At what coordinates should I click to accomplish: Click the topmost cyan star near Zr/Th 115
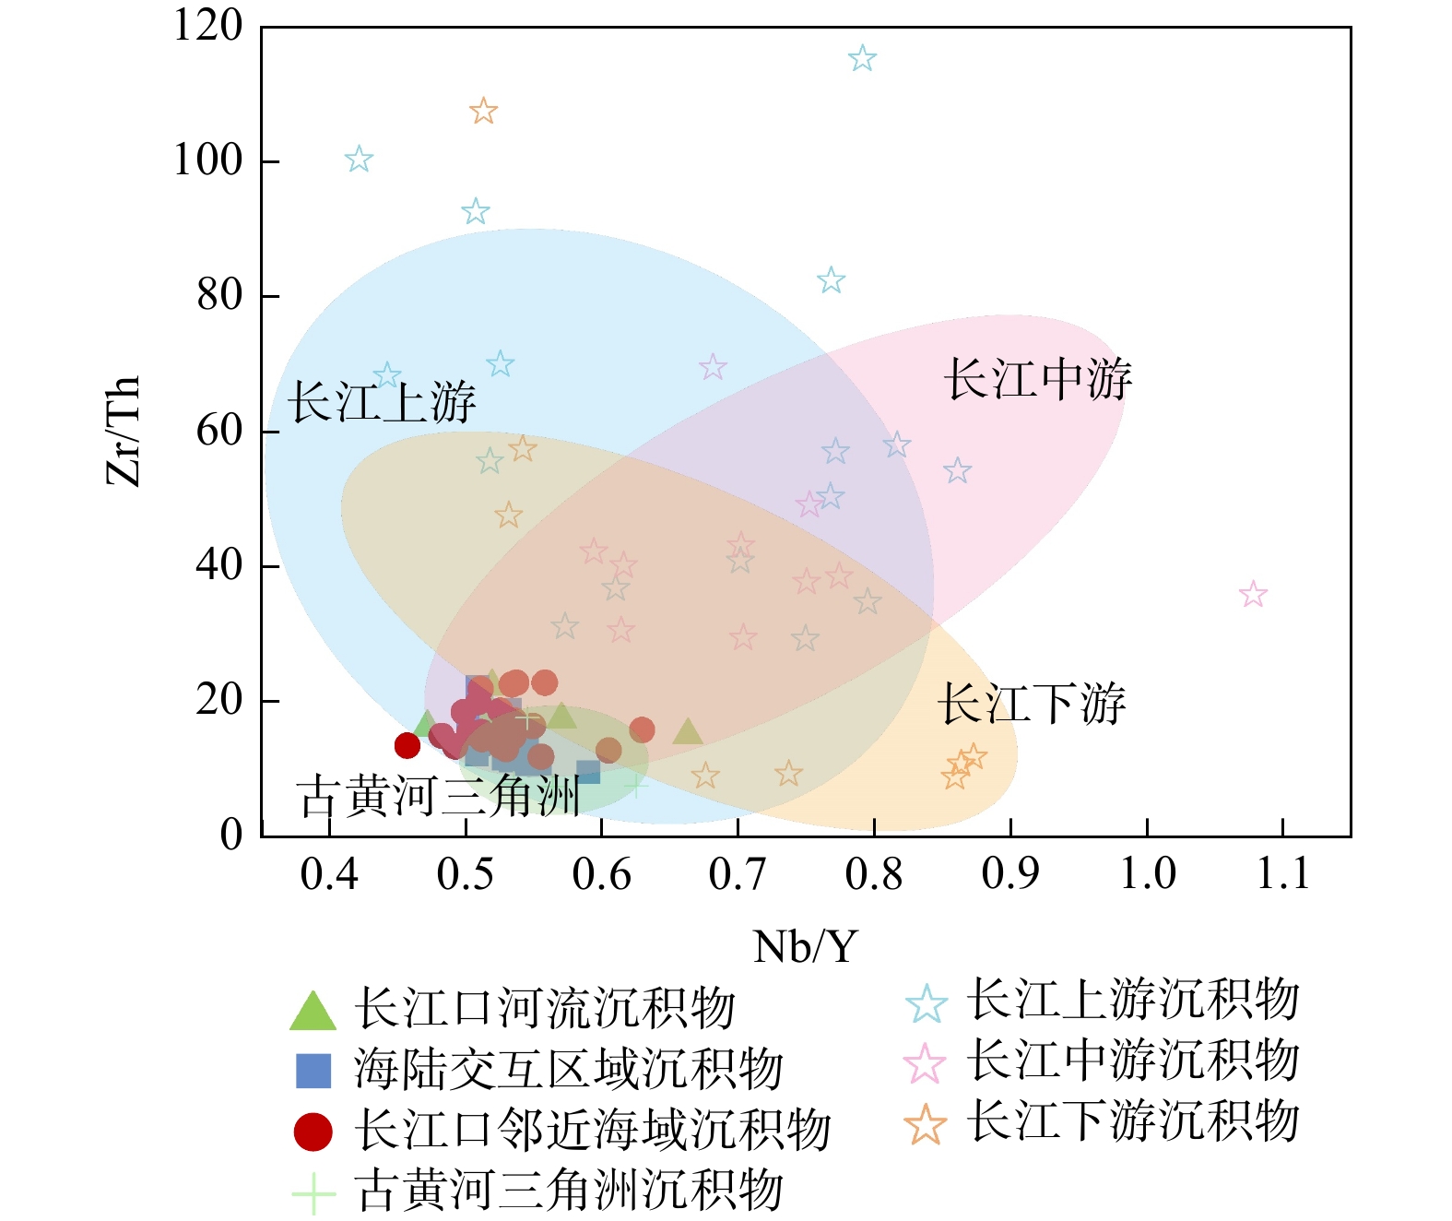(x=862, y=59)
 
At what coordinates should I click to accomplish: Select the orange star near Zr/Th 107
(x=483, y=112)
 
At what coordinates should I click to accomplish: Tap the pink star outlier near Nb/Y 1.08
(x=1253, y=595)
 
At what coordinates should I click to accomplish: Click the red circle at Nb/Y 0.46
(x=407, y=745)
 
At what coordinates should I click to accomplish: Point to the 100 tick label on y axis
(x=208, y=160)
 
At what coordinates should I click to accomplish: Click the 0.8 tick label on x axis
(x=874, y=873)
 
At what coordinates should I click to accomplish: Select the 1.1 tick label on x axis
(x=1283, y=873)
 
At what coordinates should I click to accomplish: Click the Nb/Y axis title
(x=806, y=947)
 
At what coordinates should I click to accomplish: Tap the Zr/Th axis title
(x=124, y=431)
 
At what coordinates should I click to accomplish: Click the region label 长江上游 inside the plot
(x=382, y=403)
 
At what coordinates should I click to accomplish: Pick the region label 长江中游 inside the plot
(x=1038, y=380)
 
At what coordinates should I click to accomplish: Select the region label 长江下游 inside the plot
(x=1033, y=705)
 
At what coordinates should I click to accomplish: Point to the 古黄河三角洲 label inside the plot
(x=439, y=797)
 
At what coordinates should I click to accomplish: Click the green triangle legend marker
(x=313, y=1012)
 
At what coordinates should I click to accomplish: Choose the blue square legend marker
(x=313, y=1071)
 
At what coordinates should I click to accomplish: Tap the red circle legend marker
(x=313, y=1132)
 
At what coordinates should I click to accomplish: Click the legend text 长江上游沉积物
(x=1133, y=1001)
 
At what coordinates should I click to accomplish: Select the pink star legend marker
(x=926, y=1064)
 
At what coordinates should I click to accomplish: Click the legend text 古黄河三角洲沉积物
(x=569, y=1191)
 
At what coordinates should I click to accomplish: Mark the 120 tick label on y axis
(x=208, y=26)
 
